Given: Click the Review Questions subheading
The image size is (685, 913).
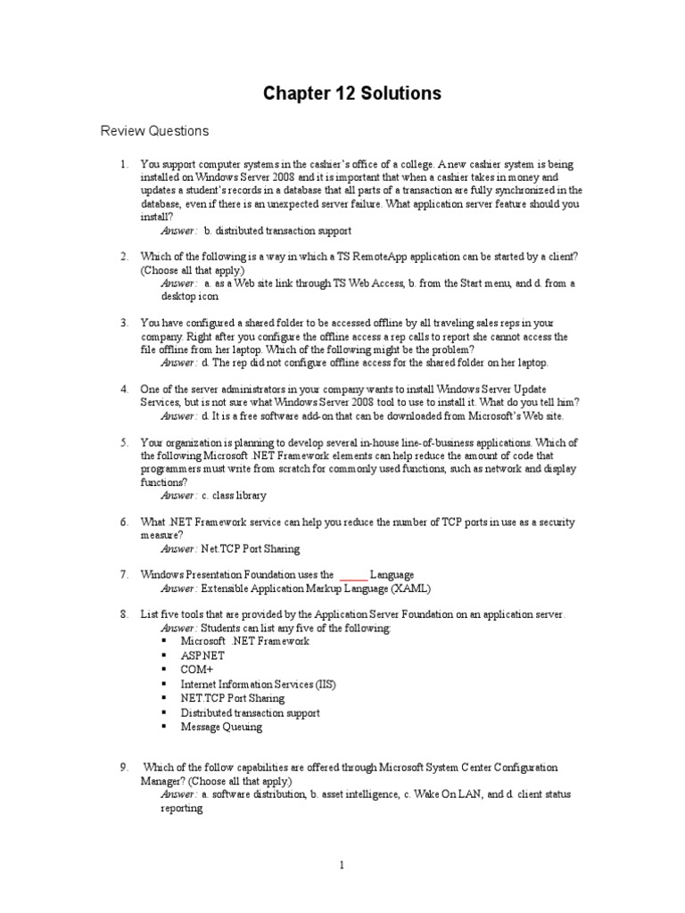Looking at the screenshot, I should [154, 131].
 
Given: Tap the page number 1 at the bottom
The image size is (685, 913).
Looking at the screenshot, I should [341, 864].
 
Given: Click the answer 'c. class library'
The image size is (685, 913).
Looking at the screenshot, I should [235, 495].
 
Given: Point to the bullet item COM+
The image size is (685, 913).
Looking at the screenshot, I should [197, 670].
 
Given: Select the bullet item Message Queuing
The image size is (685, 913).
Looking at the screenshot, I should [221, 727].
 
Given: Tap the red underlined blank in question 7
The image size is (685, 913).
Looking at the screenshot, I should [353, 575].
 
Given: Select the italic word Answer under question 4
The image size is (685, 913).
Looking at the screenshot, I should [178, 415].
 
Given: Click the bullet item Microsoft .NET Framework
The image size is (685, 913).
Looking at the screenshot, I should [244, 641].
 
